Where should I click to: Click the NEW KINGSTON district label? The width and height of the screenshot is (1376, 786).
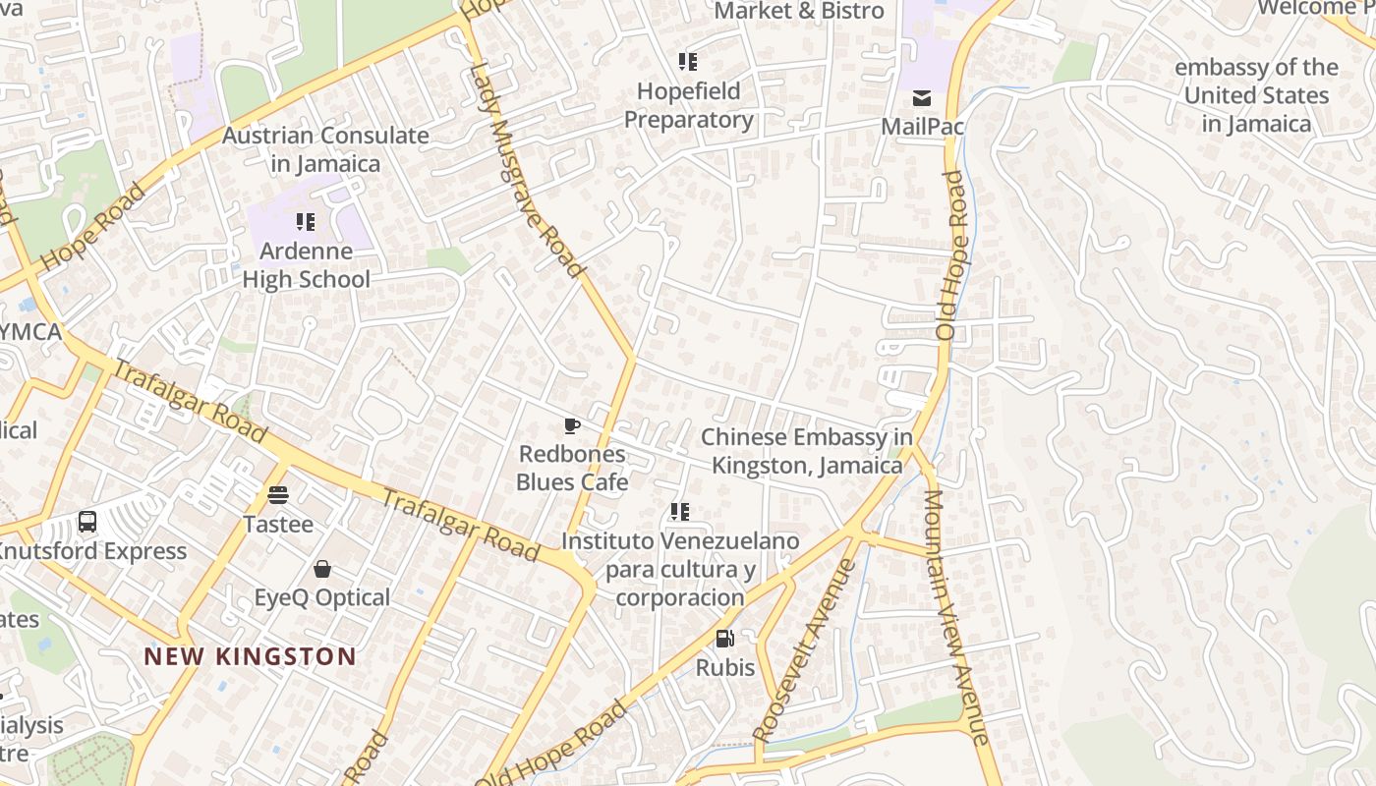coord(250,656)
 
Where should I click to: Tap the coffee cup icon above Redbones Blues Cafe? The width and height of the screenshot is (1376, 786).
coord(572,425)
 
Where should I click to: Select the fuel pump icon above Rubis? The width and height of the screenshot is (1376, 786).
coord(725,639)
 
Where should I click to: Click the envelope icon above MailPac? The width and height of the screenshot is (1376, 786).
coord(922,98)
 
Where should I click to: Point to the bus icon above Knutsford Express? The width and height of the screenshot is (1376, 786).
coord(87,522)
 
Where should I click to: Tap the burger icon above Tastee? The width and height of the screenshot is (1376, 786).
coord(278,495)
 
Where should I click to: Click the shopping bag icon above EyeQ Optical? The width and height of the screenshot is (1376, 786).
coord(322,569)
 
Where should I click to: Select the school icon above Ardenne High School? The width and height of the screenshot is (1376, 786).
coord(306,222)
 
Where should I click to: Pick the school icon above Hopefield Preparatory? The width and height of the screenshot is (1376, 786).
coord(688,62)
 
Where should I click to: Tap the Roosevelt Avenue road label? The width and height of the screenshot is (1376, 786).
coord(804,650)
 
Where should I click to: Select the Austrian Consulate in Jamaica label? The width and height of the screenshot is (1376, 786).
coord(325,149)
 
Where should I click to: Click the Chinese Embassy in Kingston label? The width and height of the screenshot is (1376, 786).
coord(807,451)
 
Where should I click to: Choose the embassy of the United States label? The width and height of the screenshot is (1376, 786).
coord(1256,95)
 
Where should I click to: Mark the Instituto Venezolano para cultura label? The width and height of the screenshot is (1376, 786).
coord(680,569)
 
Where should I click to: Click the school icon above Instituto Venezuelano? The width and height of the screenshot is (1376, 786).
coord(680,512)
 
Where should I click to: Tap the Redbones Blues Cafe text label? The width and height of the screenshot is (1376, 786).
coord(572,468)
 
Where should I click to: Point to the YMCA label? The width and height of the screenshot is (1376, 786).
coord(29,332)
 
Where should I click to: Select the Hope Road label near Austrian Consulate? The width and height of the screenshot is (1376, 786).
coord(94,228)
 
